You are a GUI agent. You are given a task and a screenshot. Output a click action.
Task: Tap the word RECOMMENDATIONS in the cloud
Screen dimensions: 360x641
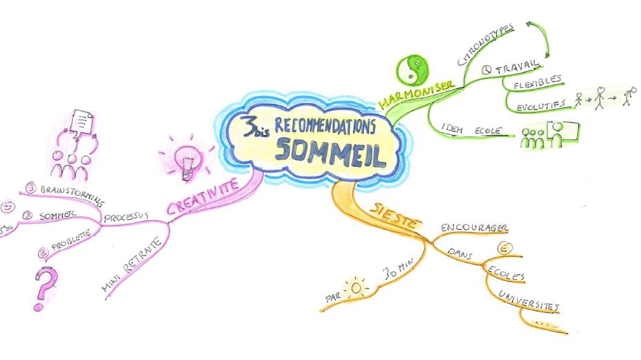pyautogui.click(x=325, y=125)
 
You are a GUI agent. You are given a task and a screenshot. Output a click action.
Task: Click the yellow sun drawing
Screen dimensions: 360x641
pyautogui.click(x=356, y=286)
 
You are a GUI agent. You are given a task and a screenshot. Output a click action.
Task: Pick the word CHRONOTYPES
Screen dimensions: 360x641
pyautogui.click(x=486, y=46)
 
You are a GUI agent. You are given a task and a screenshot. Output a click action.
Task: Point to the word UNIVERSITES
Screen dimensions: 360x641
pyautogui.click(x=528, y=301)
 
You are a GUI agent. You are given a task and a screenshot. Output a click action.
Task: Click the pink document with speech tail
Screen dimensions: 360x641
pyautogui.click(x=82, y=125)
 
